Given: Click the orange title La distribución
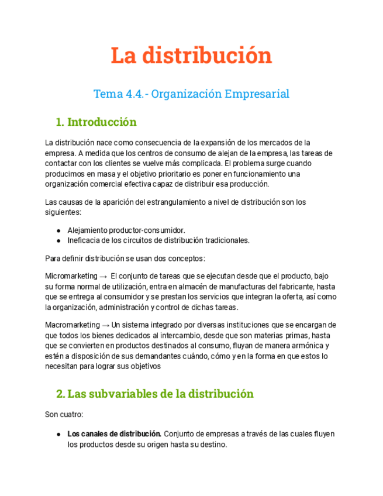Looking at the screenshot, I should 191,56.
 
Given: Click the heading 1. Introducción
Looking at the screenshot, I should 96,122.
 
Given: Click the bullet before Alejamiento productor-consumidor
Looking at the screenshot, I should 59,230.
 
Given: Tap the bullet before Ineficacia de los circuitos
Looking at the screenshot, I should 59,240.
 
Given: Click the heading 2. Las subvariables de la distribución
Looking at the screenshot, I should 154,394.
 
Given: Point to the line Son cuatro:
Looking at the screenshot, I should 64,415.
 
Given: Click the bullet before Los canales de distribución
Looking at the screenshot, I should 59,435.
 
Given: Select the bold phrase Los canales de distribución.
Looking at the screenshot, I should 114,434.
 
